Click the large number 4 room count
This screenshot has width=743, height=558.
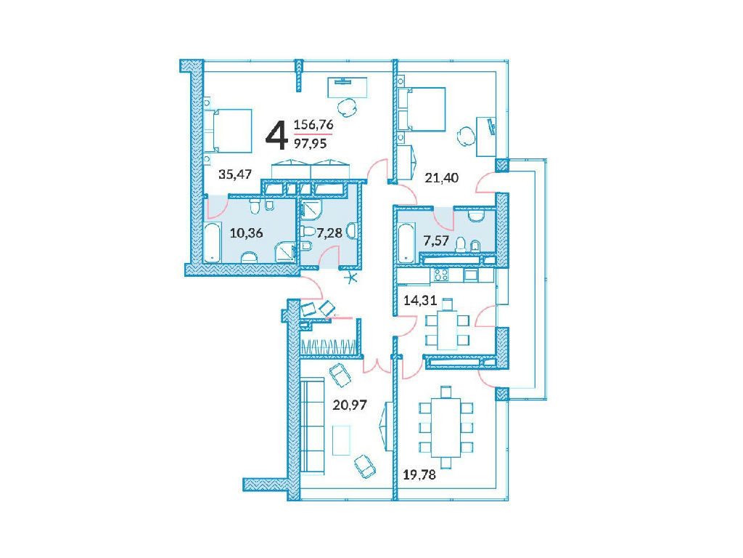point(276,135)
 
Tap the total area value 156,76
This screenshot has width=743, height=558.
point(313,125)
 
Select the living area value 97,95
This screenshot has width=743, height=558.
point(311,143)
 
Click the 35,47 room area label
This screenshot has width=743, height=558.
point(235,174)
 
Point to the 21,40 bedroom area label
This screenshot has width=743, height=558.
point(442,178)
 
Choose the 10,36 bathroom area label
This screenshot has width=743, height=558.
point(247,233)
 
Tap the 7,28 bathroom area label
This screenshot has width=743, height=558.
point(329,233)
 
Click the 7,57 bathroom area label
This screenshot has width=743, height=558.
point(436,241)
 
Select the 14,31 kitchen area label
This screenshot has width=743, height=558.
point(420,300)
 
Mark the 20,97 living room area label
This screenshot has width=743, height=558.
point(350,405)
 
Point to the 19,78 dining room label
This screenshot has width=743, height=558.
point(419,474)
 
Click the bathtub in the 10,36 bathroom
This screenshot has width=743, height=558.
point(213,243)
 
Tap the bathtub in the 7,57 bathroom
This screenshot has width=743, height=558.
point(406,242)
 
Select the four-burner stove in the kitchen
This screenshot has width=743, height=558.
point(441,274)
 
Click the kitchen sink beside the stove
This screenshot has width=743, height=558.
point(470,275)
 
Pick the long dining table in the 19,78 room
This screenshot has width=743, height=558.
point(446,427)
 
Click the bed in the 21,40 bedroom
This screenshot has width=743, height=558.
point(422,109)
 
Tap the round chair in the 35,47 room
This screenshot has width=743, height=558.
point(348,108)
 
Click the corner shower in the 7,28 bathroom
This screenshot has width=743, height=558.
point(311,210)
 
